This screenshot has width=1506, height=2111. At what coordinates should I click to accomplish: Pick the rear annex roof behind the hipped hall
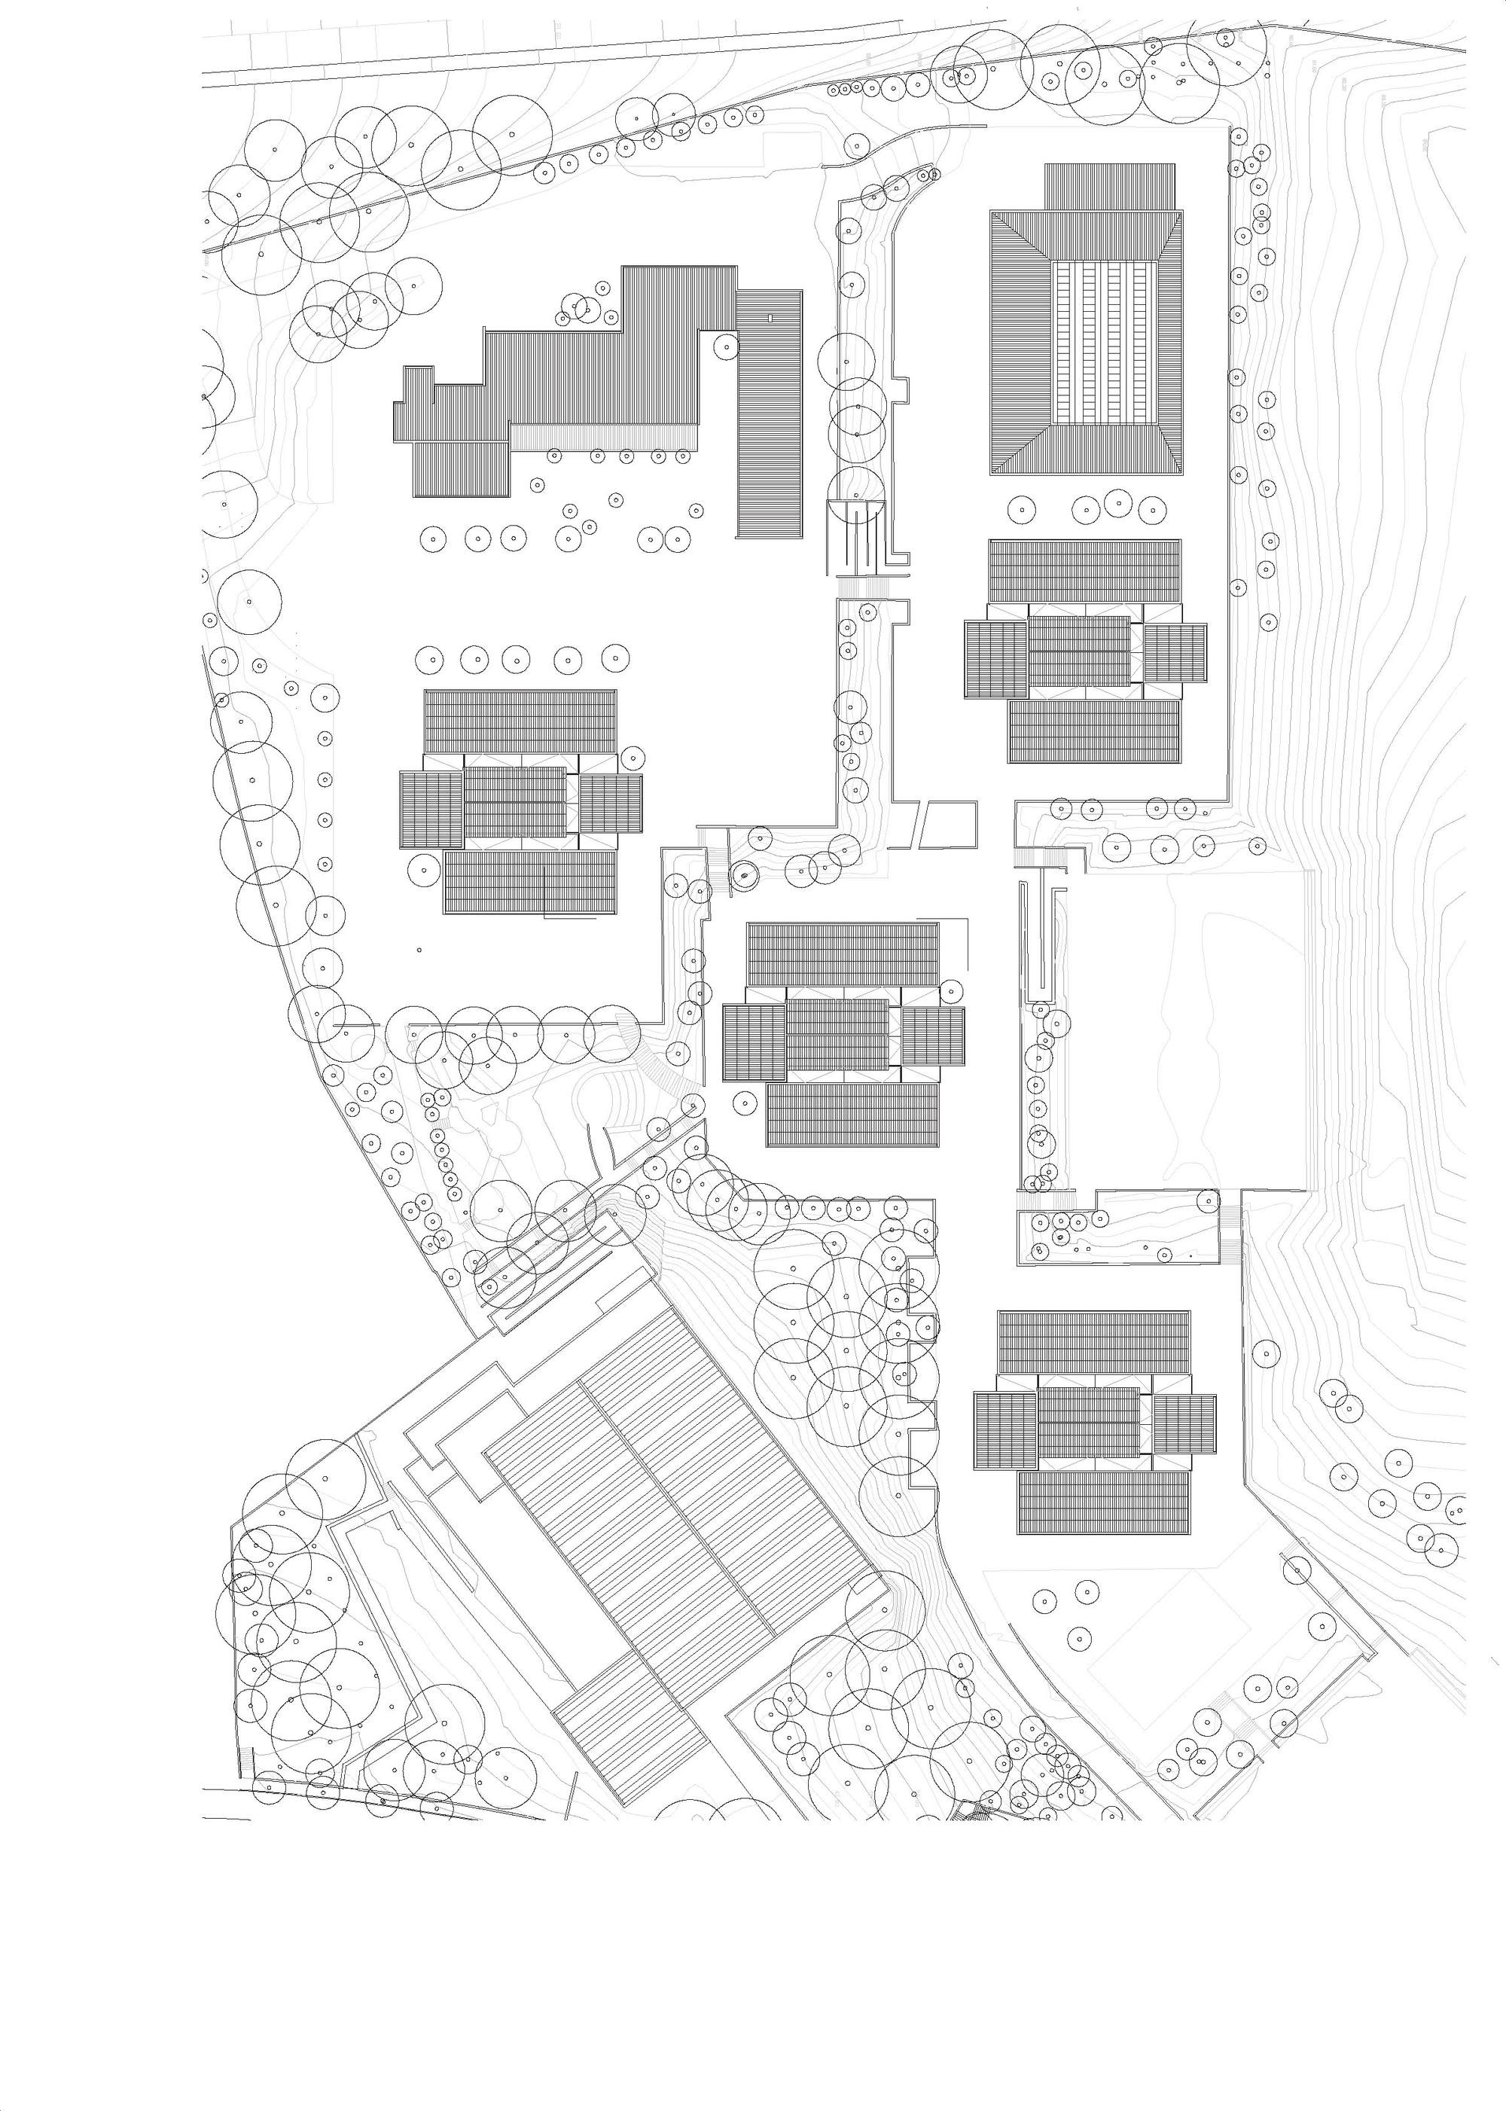(x=1110, y=187)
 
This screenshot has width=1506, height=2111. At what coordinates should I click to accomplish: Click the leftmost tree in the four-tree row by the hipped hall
(x=1021, y=508)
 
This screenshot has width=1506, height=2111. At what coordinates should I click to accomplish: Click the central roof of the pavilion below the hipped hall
(x=1079, y=650)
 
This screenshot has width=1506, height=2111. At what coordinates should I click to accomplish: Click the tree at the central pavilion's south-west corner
(x=742, y=1102)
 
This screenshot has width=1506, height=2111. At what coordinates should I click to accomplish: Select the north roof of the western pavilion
(x=520, y=721)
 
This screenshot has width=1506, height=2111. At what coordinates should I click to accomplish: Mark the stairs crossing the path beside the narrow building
(x=862, y=588)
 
